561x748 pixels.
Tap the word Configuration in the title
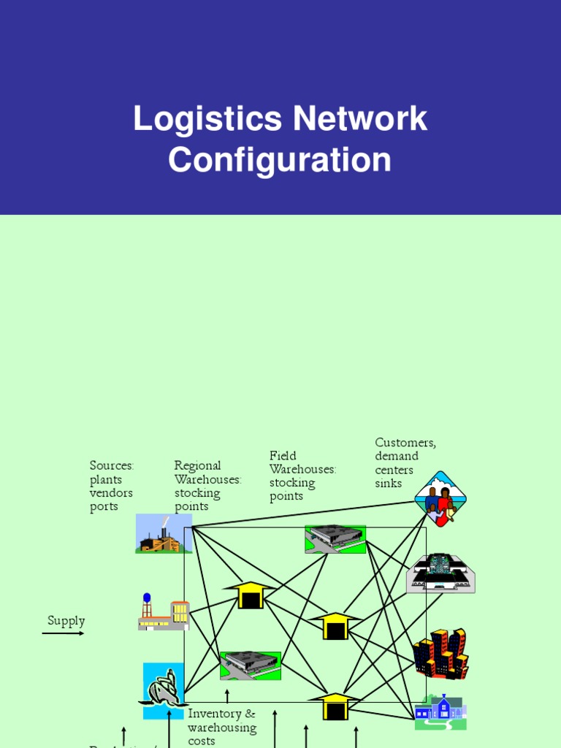(280, 160)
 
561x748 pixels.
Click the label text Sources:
(112, 466)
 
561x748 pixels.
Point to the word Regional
(197, 466)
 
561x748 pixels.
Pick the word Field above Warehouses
(283, 457)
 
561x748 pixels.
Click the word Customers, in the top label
(405, 443)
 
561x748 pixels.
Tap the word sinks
(389, 484)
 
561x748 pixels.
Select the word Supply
(66, 621)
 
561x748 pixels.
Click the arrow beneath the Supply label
(63, 633)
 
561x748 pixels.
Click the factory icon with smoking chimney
(164, 534)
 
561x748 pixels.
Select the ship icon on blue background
(164, 690)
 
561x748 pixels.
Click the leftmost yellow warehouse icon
(251, 595)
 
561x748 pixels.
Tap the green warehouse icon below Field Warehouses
(335, 539)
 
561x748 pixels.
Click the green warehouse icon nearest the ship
(251, 665)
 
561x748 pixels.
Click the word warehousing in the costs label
(222, 728)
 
